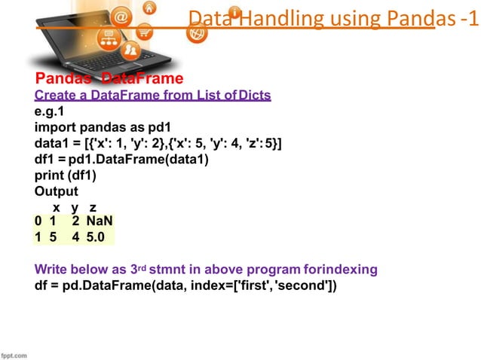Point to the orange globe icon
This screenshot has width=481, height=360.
[x=197, y=33]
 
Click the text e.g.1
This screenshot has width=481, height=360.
[x=50, y=111]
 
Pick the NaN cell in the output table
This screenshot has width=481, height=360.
[x=100, y=221]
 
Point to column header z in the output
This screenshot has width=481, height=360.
[x=93, y=206]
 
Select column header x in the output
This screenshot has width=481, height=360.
[x=56, y=206]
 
